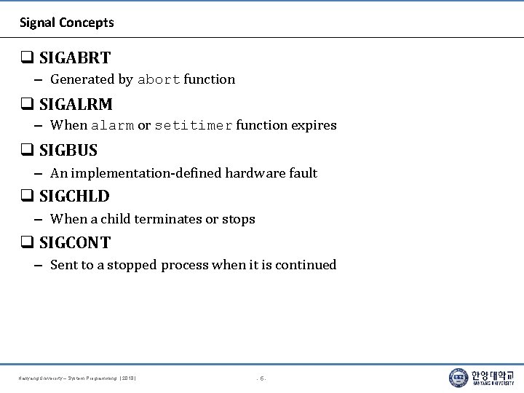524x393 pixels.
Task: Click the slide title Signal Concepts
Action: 67,23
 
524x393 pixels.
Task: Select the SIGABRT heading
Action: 75,57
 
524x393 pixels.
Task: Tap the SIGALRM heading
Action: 76,104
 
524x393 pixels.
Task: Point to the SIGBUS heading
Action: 68,151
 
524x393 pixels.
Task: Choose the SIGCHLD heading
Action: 74,196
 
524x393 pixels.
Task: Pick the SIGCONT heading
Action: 75,243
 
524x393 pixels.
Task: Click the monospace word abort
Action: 159,79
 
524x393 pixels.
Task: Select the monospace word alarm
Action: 113,125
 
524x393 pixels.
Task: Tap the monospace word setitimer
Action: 193,125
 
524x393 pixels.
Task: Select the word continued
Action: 306,265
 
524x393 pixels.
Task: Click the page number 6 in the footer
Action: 262,378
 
